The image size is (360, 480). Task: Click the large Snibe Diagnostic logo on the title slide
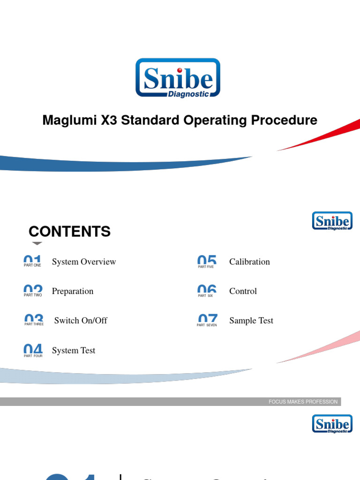click(178, 78)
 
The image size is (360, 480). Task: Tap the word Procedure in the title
click(284, 120)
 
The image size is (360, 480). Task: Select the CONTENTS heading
click(69, 232)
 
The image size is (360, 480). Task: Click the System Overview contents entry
click(84, 262)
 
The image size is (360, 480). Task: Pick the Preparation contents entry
click(73, 291)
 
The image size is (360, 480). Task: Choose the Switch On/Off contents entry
click(81, 321)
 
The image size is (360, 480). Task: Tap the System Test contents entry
click(74, 351)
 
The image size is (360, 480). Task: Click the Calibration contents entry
click(249, 262)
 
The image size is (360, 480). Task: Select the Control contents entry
click(243, 291)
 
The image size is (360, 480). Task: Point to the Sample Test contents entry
click(251, 321)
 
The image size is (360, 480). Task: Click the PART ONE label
click(32, 265)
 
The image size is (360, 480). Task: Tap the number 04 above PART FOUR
click(33, 349)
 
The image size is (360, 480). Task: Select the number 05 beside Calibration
click(207, 260)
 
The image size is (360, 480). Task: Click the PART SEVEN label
click(207, 325)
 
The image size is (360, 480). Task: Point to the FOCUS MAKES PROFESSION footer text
click(303, 402)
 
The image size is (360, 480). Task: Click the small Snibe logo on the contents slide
click(332, 221)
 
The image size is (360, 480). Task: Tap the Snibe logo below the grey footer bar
click(332, 424)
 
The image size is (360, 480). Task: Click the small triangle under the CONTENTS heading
click(37, 243)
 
